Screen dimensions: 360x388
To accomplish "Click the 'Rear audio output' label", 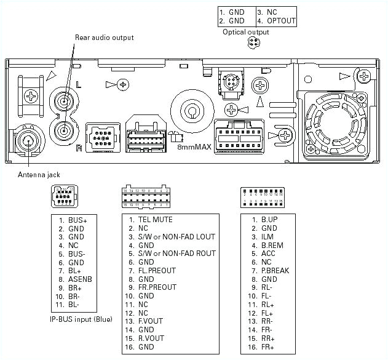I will click(x=104, y=38).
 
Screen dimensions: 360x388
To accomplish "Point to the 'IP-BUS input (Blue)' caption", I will click(x=81, y=320).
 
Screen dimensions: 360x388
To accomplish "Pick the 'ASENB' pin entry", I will click(x=81, y=279).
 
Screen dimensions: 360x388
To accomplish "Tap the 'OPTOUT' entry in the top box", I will click(x=281, y=20).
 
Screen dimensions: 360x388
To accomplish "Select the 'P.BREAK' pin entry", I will click(x=274, y=270).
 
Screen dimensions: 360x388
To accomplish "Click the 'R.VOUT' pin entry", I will click(x=151, y=338).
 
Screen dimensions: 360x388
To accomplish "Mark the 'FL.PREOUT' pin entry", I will click(x=156, y=270).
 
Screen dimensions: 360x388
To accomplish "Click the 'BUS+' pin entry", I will click(x=77, y=220).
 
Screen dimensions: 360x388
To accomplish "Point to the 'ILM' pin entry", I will click(x=267, y=236).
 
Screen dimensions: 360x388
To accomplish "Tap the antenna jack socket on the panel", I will click(x=28, y=141).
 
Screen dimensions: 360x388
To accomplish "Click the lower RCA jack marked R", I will click(x=63, y=129).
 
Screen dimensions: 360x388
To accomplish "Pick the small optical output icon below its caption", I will click(x=251, y=42).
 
